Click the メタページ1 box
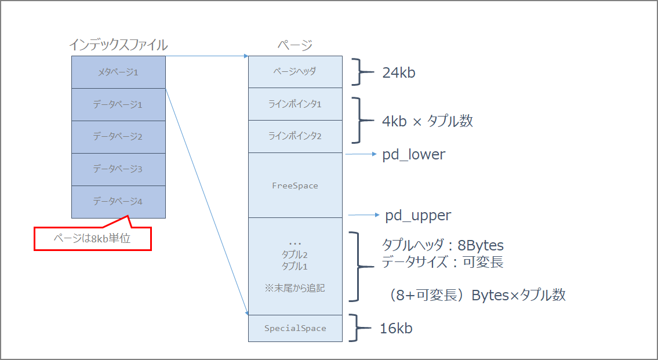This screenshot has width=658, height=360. pos(118,72)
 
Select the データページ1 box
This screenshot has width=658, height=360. pos(118,104)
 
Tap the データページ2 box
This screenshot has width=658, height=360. pos(118,137)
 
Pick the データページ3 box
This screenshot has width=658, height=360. pos(118,169)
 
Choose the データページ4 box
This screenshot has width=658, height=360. pos(118,202)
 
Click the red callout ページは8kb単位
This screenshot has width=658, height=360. pos(92,238)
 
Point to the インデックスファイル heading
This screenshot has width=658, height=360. pos(118,45)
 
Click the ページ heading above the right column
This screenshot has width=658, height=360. pos(295,45)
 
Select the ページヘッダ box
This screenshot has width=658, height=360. pos(295,72)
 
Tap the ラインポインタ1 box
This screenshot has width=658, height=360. pos(295,104)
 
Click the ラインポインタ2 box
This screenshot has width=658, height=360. pos(295,137)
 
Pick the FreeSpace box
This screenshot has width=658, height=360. pos(295,186)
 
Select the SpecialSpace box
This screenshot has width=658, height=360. pos(295,328)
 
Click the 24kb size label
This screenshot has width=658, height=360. pos(399,73)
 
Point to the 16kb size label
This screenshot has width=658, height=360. pos(396,328)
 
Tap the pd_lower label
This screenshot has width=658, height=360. pos(413,155)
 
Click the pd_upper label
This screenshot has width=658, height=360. pos(418,216)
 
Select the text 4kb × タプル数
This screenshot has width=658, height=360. pos(427,121)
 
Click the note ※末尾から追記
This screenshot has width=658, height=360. pos(295,288)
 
